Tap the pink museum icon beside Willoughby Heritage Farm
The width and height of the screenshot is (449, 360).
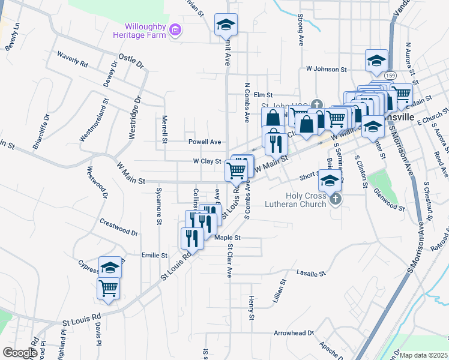coord(175,30)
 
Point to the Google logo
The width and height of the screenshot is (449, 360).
coord(20,353)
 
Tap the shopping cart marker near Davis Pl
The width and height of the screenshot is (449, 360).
coord(109,287)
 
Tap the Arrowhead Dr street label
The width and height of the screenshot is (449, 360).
coord(294,332)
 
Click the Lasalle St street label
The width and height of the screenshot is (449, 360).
coord(310,274)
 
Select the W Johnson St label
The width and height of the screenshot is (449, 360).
coord(327,70)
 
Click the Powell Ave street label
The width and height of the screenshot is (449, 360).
coord(205,142)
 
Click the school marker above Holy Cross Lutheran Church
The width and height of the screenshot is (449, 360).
coord(330,179)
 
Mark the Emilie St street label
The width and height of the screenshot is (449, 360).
coord(154,256)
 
